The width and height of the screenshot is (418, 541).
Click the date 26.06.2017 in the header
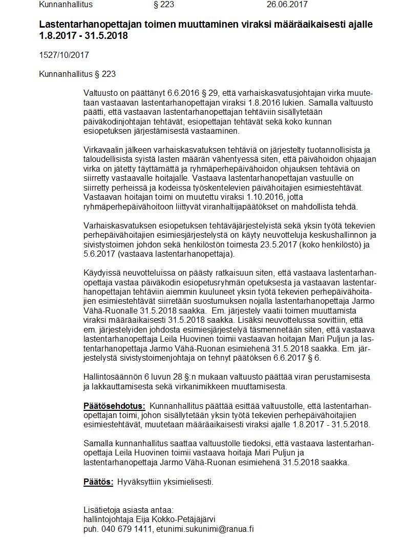(x=287, y=5)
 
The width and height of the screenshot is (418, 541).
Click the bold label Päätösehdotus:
(x=114, y=406)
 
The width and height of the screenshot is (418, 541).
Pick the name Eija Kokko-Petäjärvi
(x=172, y=519)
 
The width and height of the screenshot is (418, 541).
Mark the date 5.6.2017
(x=99, y=254)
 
